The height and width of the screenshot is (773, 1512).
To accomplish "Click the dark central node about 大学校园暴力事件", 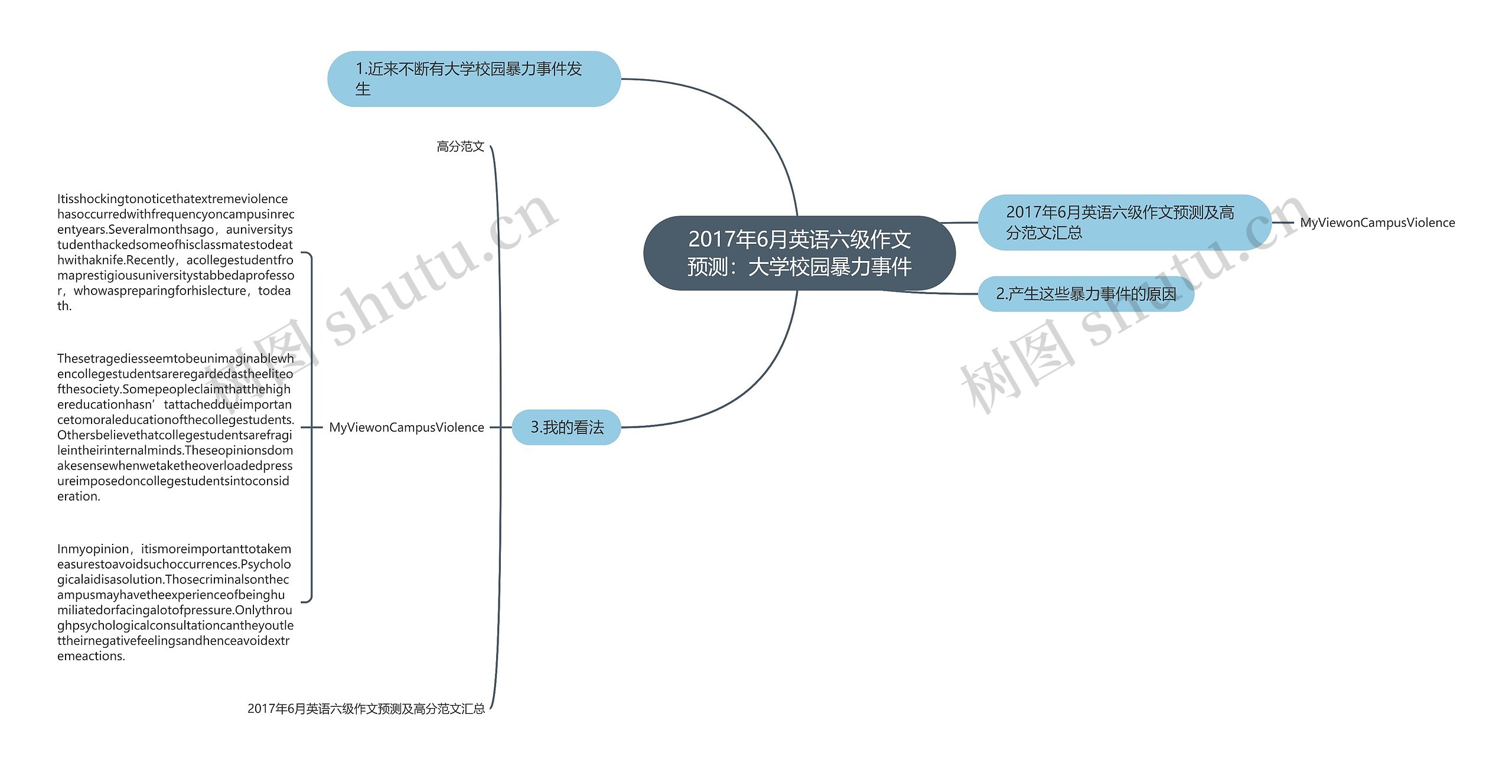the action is pos(799,253).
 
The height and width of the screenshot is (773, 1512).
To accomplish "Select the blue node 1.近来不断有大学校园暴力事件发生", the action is pos(474,79).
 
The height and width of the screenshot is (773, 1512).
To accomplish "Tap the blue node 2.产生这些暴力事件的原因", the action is pos(1086,293).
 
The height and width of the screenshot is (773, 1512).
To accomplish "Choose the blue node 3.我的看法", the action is pos(566,427).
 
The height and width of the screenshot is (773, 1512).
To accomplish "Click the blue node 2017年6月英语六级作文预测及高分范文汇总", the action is pos(1124,222).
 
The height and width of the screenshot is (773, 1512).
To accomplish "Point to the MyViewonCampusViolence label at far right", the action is pos(1377,223).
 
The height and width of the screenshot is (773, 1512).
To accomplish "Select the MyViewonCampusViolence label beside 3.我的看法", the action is pos(406,427).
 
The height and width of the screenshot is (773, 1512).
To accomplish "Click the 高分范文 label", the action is pos(460,146).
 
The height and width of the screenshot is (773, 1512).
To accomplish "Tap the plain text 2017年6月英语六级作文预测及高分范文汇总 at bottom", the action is pos(366,708).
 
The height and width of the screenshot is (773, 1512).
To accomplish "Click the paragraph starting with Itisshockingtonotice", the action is pos(175,252).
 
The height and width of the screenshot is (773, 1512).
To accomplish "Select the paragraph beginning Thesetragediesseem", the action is pos(175,427).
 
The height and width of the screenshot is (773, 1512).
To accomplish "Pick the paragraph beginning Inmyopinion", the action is pos(175,602).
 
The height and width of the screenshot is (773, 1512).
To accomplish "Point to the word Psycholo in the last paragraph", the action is pos(266,564).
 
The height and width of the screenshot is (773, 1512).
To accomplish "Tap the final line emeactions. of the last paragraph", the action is pos(91,656).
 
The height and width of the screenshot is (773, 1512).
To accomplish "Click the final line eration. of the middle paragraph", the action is pos(79,497).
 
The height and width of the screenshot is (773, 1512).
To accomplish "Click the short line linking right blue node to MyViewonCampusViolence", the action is pos(1282,223).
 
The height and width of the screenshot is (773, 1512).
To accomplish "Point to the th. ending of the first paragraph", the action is pos(64,306).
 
